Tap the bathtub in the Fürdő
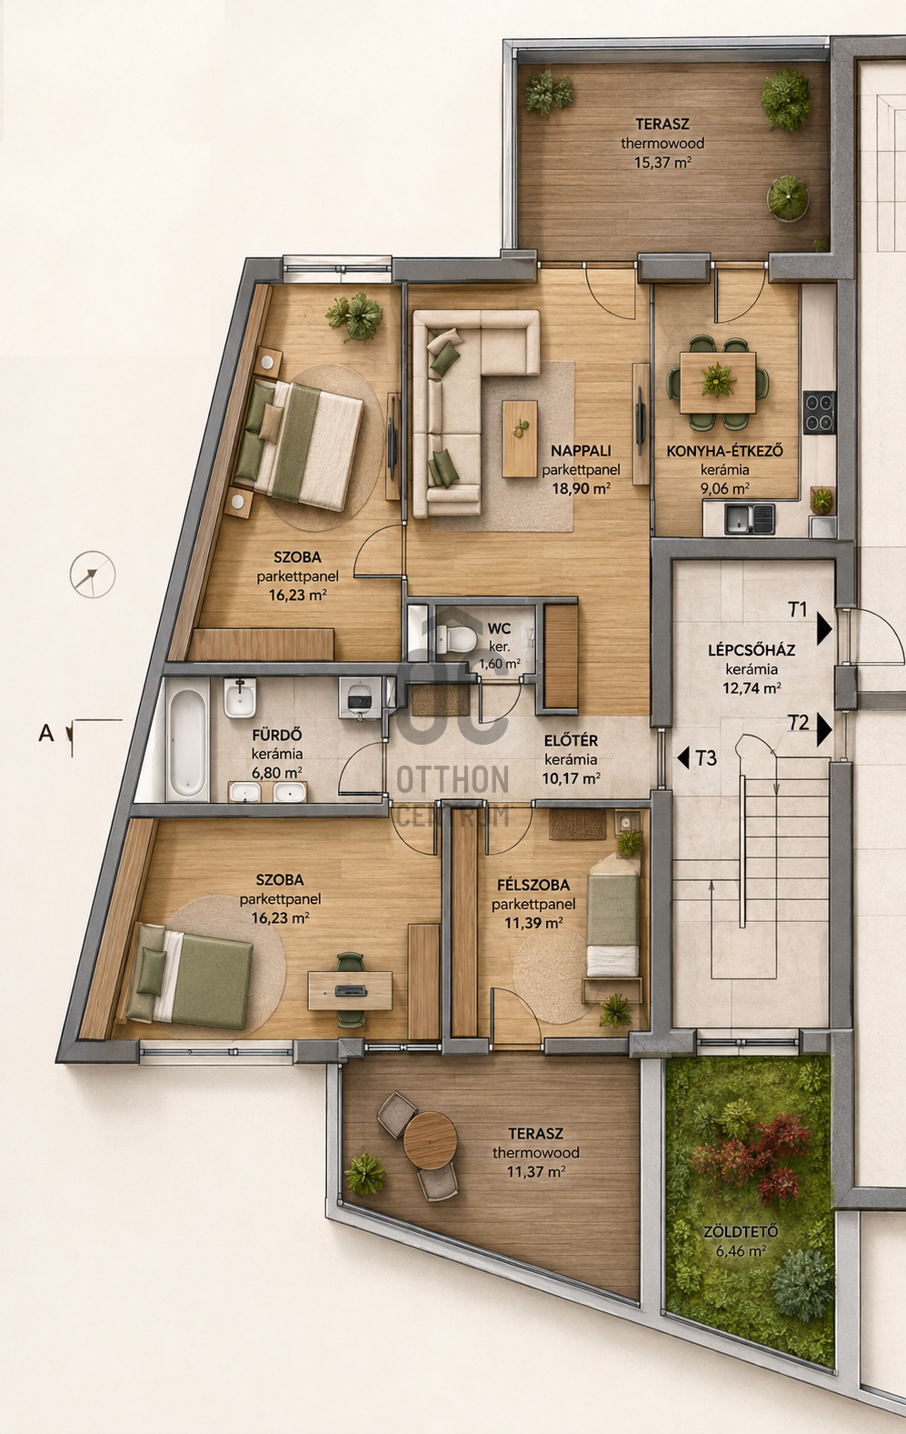pos(187,739)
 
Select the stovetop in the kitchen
pos(820,412)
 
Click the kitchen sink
pos(749,518)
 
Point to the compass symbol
pos(92,575)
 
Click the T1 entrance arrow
pos(824,629)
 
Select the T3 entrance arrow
pos(682,758)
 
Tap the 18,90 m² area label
pos(581,489)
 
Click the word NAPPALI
pos(581,451)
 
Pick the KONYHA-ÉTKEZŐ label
pos(725,451)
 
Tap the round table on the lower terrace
pos(430,1139)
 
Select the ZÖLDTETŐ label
pos(741,1231)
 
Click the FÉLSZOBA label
pos(533,886)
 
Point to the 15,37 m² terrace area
pos(662,162)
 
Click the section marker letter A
pos(46,733)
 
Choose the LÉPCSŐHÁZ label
pos(752,650)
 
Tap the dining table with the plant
pos(718,383)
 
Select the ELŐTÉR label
pos(571,741)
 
